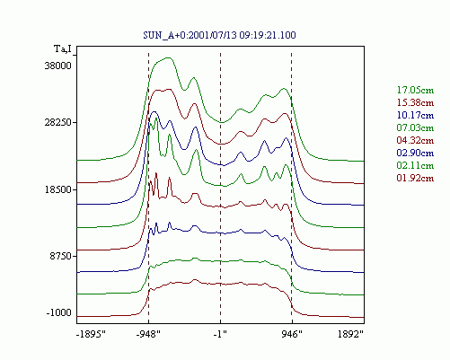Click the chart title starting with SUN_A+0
(219, 35)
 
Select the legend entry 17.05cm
(415, 90)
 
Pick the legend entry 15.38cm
(415, 102)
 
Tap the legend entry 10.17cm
(415, 115)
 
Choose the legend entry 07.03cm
(415, 127)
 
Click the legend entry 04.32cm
(415, 140)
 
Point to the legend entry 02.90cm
(415, 153)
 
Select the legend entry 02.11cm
(415, 165)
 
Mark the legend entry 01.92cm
(415, 178)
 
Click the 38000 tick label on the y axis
(58, 66)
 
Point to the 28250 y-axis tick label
(58, 123)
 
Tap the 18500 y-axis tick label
(58, 189)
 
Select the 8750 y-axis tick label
(60, 257)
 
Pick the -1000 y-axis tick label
(59, 313)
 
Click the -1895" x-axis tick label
(92, 334)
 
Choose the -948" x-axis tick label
(148, 334)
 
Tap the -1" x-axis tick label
(220, 334)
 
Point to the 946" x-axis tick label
(292, 334)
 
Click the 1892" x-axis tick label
(350, 334)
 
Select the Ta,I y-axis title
(63, 49)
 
